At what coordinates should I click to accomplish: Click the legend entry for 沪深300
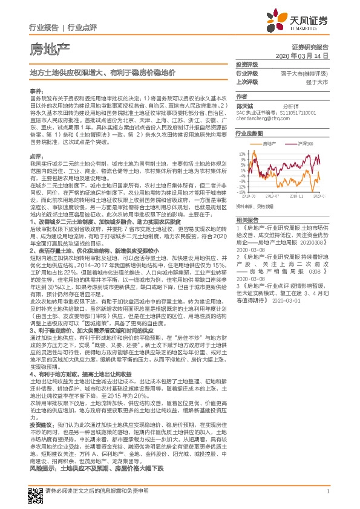305,143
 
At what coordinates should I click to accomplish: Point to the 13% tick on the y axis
242,154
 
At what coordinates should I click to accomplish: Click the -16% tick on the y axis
241,192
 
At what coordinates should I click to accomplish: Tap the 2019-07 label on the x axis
272,196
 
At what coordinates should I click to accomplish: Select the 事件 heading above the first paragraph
37,89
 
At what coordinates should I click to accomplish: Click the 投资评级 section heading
247,64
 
